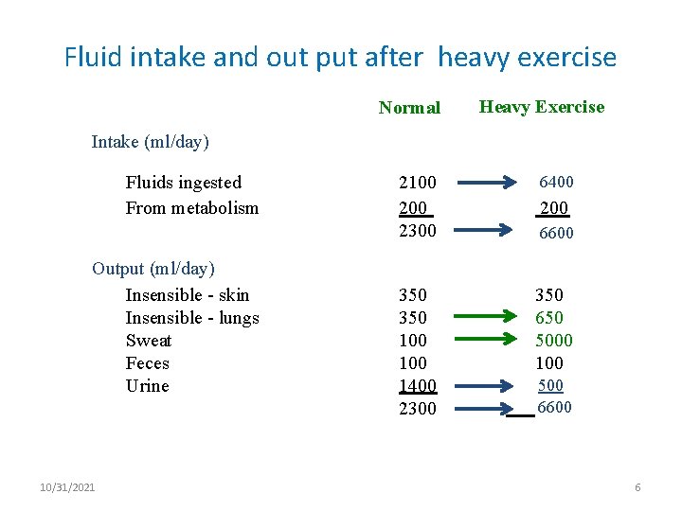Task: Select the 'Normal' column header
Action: click(x=409, y=108)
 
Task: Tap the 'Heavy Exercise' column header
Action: click(x=541, y=107)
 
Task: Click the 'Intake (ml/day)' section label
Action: click(x=150, y=142)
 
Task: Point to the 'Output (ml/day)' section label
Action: click(x=153, y=269)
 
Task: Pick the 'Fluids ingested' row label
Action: click(x=183, y=183)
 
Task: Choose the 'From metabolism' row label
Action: click(x=191, y=208)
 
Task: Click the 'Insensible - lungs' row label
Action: click(x=191, y=318)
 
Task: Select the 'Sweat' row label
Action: click(x=149, y=341)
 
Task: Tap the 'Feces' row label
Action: click(x=147, y=363)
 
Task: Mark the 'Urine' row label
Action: click(x=147, y=386)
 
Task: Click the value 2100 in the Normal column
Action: click(x=417, y=182)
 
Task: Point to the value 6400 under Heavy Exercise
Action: click(x=556, y=182)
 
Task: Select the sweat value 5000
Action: click(x=553, y=341)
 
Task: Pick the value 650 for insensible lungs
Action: click(x=548, y=318)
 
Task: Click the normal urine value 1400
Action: click(x=417, y=386)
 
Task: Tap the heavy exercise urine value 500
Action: click(x=550, y=386)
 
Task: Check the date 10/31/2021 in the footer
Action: click(x=67, y=487)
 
